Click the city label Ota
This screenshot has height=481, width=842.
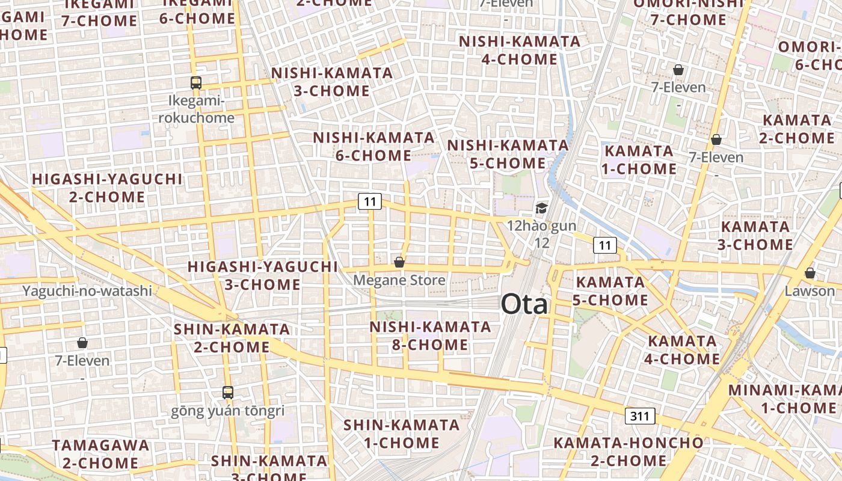coord(524,304)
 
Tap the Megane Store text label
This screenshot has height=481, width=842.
coord(399,280)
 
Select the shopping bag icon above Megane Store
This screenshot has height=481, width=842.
coord(399,262)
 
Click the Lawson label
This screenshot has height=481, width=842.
coord(810,291)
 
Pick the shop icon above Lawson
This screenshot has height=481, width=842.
coord(810,273)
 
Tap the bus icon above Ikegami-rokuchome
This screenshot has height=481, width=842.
coord(196,83)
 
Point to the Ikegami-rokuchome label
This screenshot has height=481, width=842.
coord(196,109)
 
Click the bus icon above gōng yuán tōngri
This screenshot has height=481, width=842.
coord(228,393)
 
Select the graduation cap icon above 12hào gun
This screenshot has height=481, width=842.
coord(542,209)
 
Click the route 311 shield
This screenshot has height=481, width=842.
coord(640,415)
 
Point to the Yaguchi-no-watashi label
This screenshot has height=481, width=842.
coord(87,291)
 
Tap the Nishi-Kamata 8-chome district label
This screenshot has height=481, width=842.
coord(430,335)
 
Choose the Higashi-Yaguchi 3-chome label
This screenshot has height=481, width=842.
coord(262,275)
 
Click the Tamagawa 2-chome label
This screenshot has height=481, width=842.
coord(100,454)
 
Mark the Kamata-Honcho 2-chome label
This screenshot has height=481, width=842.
coord(628,452)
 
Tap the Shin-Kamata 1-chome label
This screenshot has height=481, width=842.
coord(401,434)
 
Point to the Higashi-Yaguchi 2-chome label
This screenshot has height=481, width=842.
coord(106,188)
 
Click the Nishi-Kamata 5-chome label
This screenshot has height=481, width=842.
coord(508,154)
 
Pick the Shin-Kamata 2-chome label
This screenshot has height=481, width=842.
coord(232,338)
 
